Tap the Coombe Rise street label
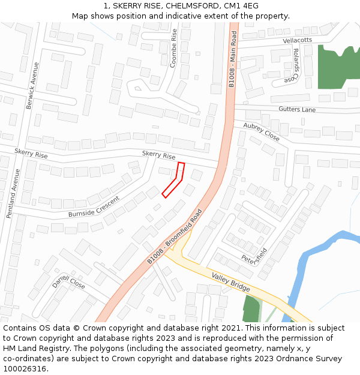pyautogui.click(x=174, y=48)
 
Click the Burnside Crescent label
pyautogui.click(x=94, y=206)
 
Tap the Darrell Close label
pyautogui.click(x=68, y=281)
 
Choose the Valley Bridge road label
pyautogui.click(x=230, y=282)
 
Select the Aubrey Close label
pyautogui.click(x=261, y=131)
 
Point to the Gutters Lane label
pyautogui.click(x=296, y=109)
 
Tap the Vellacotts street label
pyautogui.click(x=297, y=40)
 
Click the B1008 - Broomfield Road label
pyautogui.click(x=175, y=236)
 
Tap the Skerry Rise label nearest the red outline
pyautogui.click(x=158, y=155)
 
